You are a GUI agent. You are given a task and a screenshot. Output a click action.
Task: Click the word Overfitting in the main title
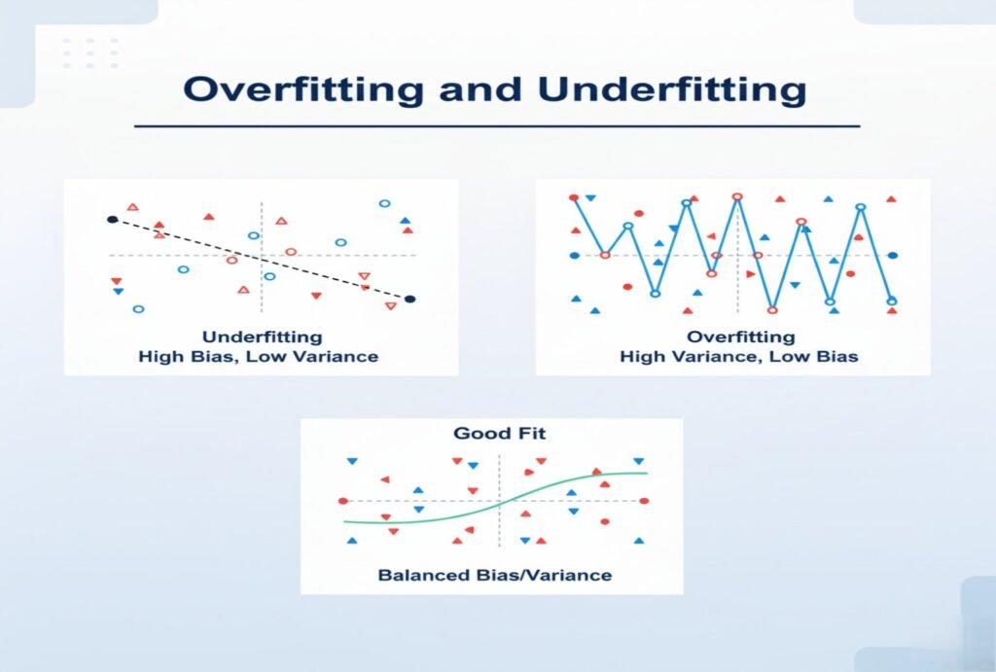[303, 89]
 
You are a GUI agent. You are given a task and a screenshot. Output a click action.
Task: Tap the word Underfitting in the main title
[673, 89]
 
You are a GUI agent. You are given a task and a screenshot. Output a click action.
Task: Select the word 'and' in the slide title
[480, 89]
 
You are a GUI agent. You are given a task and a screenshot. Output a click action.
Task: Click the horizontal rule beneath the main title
[497, 125]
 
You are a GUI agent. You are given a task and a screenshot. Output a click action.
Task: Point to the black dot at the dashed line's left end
[113, 220]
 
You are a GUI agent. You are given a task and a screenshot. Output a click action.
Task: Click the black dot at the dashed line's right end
[410, 300]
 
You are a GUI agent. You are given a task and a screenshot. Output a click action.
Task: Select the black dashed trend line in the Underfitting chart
[262, 259]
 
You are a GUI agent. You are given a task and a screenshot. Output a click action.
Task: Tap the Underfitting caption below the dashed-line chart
[262, 336]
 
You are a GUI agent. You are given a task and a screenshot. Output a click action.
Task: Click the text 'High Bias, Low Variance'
[259, 356]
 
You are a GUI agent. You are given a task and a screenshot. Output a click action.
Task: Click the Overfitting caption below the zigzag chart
[740, 336]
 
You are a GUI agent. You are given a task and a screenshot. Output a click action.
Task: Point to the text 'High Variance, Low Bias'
[739, 356]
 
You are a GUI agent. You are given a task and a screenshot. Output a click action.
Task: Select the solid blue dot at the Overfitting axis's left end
[575, 256]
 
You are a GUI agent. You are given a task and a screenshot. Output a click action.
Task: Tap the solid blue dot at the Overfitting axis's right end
[893, 256]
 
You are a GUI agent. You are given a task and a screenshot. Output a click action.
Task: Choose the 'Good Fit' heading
[500, 433]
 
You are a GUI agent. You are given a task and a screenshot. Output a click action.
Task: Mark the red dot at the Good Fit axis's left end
[343, 501]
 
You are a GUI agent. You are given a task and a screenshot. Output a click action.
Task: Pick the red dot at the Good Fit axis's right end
[644, 501]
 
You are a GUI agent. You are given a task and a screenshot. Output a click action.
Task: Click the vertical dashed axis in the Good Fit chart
[500, 501]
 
